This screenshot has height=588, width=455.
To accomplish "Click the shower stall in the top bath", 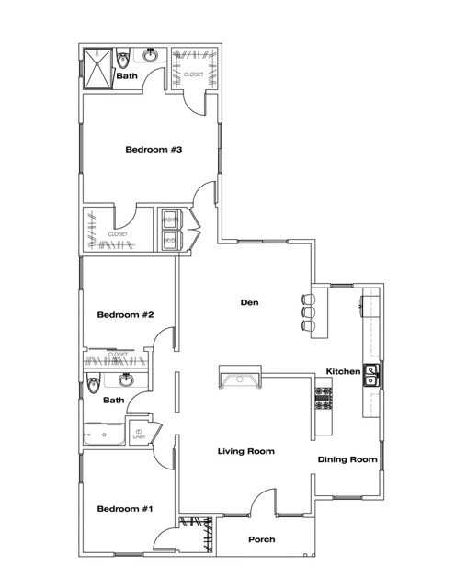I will tap(97, 66).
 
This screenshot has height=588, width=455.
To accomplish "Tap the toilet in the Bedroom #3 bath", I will tap(122, 61).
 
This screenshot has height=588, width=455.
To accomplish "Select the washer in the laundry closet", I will tap(169, 220).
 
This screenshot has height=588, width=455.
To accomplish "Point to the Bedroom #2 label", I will tap(125, 315).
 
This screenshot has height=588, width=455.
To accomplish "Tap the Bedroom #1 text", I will tap(125, 509).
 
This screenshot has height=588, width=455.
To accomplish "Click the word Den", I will tap(247, 301).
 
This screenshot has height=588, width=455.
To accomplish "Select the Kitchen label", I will tap(342, 371).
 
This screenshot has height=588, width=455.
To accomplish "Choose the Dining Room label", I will tap(347, 459).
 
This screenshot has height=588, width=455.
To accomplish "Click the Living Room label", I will tap(246, 451).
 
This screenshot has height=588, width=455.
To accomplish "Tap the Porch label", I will tap(262, 539).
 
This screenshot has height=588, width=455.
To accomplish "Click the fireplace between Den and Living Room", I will tap(241, 377).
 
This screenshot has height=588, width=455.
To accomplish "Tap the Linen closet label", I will tap(140, 434).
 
